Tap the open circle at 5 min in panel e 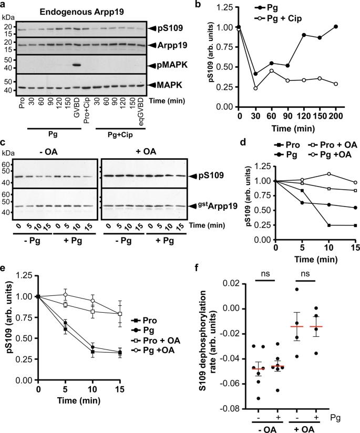tap(65, 294)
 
